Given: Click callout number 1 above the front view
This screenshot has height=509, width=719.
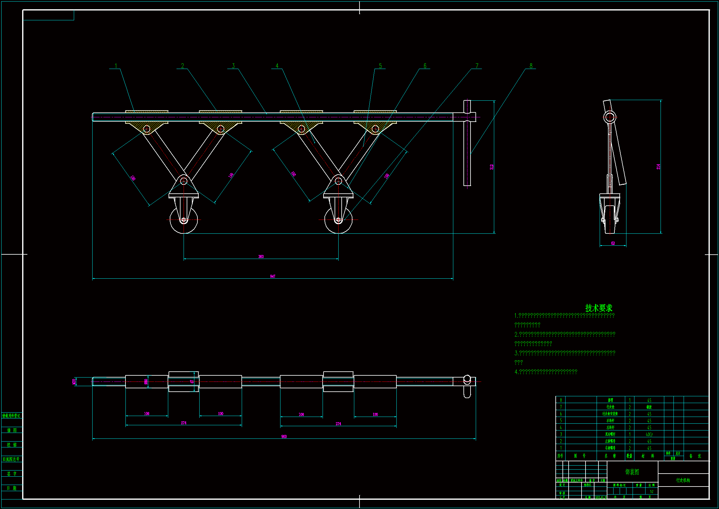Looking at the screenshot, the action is (x=116, y=66).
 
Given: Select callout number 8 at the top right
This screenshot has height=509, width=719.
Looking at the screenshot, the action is (x=531, y=66).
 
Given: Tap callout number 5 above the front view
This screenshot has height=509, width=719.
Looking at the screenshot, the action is (x=380, y=66).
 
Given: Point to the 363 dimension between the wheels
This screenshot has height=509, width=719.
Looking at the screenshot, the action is (x=261, y=257).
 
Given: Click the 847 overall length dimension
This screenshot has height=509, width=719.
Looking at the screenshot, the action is (x=273, y=276).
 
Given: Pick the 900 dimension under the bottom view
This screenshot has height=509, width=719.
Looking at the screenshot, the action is (x=284, y=437).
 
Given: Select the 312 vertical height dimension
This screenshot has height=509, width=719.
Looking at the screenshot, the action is (x=492, y=167).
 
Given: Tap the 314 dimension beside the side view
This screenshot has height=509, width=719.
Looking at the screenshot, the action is (x=658, y=167).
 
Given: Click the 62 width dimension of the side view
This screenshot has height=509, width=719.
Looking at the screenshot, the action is (x=613, y=243).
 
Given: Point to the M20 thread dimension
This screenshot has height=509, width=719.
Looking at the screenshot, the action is (x=74, y=381).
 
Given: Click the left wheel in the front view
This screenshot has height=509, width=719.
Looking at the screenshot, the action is (x=184, y=220).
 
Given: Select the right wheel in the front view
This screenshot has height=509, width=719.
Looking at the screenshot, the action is (x=338, y=220).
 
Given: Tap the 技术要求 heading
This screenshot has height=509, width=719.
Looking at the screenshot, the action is (x=599, y=308).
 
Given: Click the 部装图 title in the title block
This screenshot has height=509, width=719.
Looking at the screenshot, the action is (x=632, y=472).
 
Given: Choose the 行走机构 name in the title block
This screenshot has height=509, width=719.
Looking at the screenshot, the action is (x=683, y=480).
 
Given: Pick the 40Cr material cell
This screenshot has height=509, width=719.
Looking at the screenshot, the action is (x=649, y=434).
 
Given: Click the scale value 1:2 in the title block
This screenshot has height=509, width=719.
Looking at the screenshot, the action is (x=652, y=491).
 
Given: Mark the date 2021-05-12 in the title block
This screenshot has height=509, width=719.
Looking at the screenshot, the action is (x=601, y=497).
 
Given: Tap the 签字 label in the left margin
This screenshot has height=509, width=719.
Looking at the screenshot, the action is (x=12, y=474).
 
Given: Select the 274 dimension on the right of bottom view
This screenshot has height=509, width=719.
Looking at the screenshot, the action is (x=338, y=424).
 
